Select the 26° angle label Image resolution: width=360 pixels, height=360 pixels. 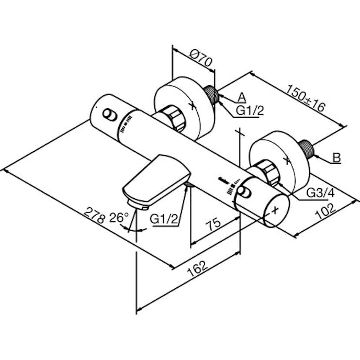[x=119, y=217]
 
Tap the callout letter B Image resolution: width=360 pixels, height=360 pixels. [x=337, y=157]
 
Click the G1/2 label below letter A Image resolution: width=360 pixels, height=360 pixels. [x=250, y=111]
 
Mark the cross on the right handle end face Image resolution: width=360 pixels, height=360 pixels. [x=275, y=210]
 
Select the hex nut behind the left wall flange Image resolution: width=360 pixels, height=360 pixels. [x=173, y=117]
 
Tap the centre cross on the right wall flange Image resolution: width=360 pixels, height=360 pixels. [x=287, y=160]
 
